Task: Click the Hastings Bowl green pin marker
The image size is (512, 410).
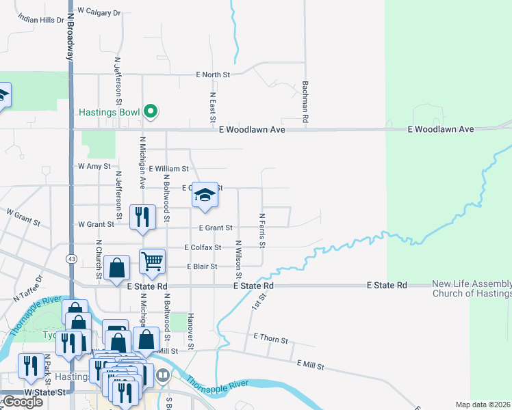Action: click(x=151, y=111)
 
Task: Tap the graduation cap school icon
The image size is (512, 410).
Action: click(x=205, y=195)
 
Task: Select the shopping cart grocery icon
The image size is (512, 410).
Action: click(x=152, y=260)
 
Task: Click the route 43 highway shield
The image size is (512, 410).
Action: click(x=71, y=258)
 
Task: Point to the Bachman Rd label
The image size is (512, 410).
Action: click(x=305, y=102)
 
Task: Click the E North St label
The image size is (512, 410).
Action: click(x=214, y=74)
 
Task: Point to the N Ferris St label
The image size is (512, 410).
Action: click(x=261, y=230)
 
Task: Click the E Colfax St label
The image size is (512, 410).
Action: click(x=203, y=247)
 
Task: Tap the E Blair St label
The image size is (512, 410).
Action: click(x=202, y=266)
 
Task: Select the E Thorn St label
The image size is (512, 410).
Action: click(x=270, y=338)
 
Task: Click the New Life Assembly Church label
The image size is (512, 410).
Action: click(x=472, y=289)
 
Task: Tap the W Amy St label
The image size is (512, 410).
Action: click(x=94, y=166)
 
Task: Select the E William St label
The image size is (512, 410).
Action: click(x=168, y=168)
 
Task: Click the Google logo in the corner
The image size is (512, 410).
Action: click(x=22, y=402)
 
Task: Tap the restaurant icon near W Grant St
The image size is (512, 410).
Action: click(x=141, y=217)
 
